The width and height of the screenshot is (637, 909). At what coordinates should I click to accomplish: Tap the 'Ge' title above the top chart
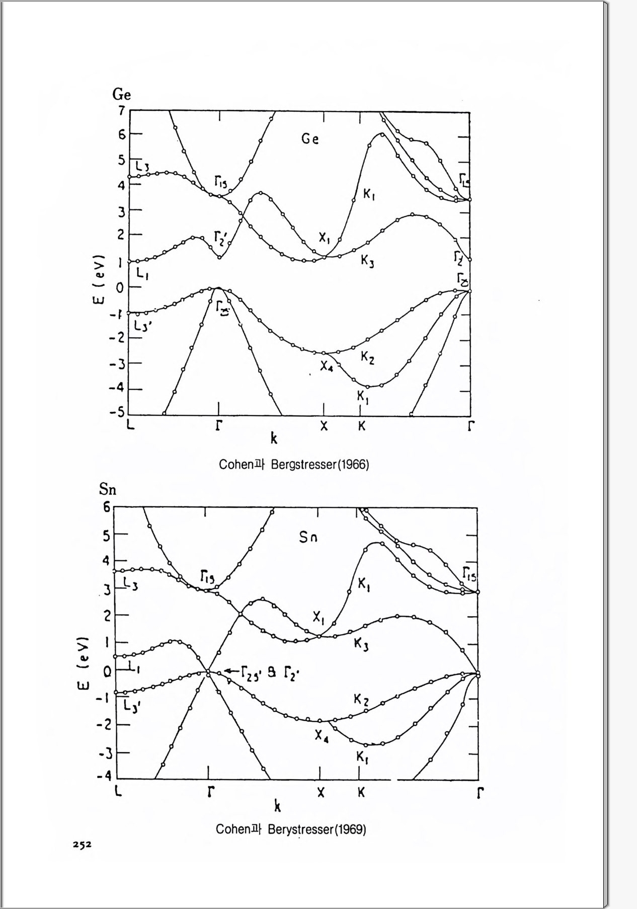coord(121,95)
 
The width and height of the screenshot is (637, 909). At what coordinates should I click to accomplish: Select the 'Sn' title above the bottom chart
coord(107,490)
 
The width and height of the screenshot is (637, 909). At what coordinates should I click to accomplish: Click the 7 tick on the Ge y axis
coord(121,110)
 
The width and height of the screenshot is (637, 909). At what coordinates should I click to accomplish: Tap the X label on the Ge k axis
coord(324,426)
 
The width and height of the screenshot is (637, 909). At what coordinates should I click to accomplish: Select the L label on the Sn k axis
coord(118,791)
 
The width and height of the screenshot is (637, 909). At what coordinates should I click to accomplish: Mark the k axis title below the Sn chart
coord(277,806)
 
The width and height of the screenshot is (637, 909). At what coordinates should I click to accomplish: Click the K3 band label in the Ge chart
coord(367,261)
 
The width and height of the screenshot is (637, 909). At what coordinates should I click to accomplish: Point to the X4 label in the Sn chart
coord(322,736)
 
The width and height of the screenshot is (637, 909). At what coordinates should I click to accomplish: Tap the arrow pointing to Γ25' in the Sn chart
coord(231,670)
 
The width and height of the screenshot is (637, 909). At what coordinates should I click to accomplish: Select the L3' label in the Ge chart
coord(143,326)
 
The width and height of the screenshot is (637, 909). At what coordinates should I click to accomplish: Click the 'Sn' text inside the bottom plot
coord(308,538)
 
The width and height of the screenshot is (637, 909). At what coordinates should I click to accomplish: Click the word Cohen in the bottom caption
coord(233,829)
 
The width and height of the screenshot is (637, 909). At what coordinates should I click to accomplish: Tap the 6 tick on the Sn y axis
coord(107,507)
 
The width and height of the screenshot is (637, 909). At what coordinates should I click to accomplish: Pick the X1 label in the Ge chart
coord(324,238)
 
